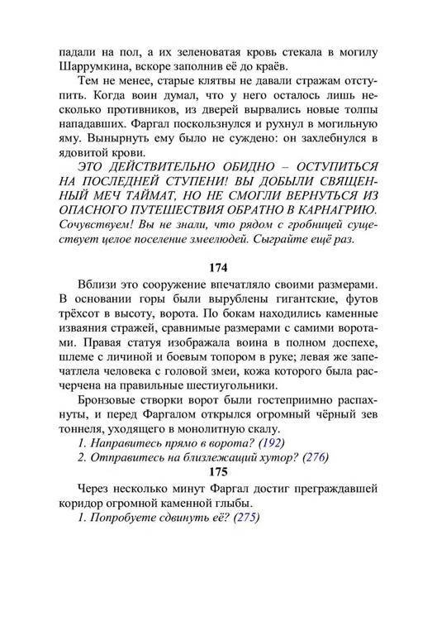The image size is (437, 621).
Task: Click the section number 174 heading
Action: (x=217, y=269)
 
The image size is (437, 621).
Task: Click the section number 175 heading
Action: (x=217, y=474)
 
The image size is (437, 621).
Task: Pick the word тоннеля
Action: (x=84, y=430)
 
